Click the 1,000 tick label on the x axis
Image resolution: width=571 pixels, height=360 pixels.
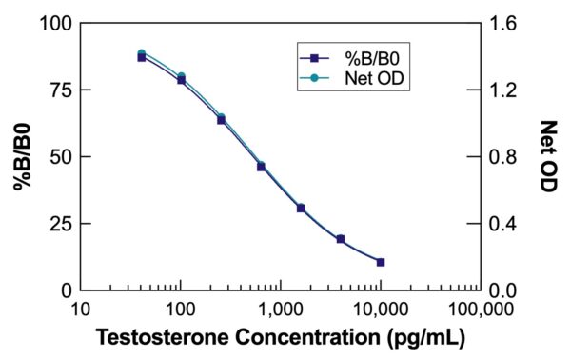280,310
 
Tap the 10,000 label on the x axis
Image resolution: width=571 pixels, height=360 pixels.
380,310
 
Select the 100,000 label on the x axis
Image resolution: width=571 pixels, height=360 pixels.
479,310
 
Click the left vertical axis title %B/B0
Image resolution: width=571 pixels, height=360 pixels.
22,156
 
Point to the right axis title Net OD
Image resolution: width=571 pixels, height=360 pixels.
549,156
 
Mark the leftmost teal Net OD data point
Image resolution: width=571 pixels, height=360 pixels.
141,54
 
